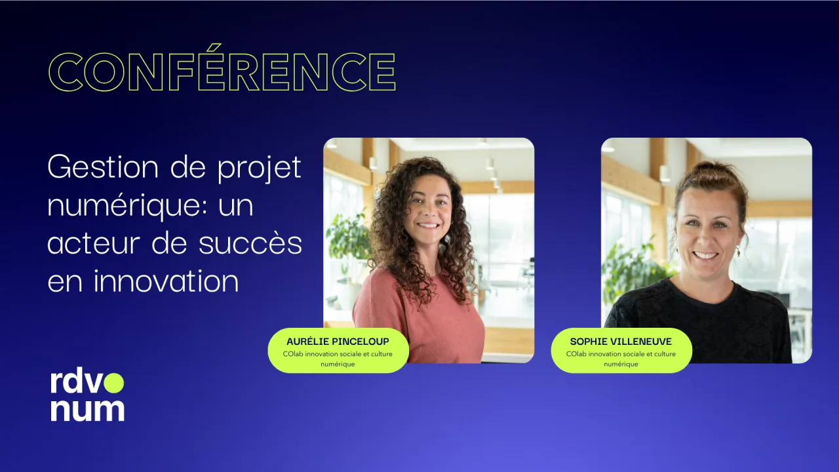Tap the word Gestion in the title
click(x=103, y=167)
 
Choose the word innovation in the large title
click(x=166, y=281)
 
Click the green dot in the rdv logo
click(x=113, y=383)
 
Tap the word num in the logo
click(x=88, y=410)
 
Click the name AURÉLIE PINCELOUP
click(x=338, y=342)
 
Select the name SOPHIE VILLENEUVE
click(x=621, y=342)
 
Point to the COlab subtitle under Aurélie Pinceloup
click(x=338, y=359)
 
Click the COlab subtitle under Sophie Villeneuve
click(x=621, y=359)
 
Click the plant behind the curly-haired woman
click(x=347, y=240)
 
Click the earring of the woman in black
click(x=739, y=250)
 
